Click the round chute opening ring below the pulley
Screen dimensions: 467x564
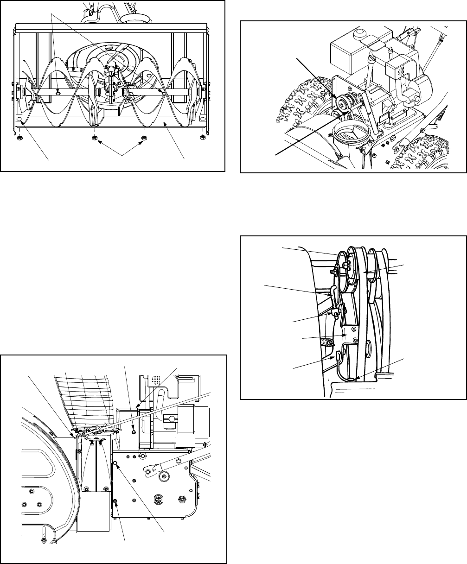[352, 134]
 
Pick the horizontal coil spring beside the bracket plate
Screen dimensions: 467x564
[327, 342]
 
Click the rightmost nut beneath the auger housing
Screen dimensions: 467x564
[202, 137]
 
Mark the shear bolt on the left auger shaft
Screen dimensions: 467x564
[57, 91]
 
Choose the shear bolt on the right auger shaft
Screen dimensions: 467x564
[164, 93]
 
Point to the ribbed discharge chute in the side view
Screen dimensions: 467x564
[83, 394]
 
